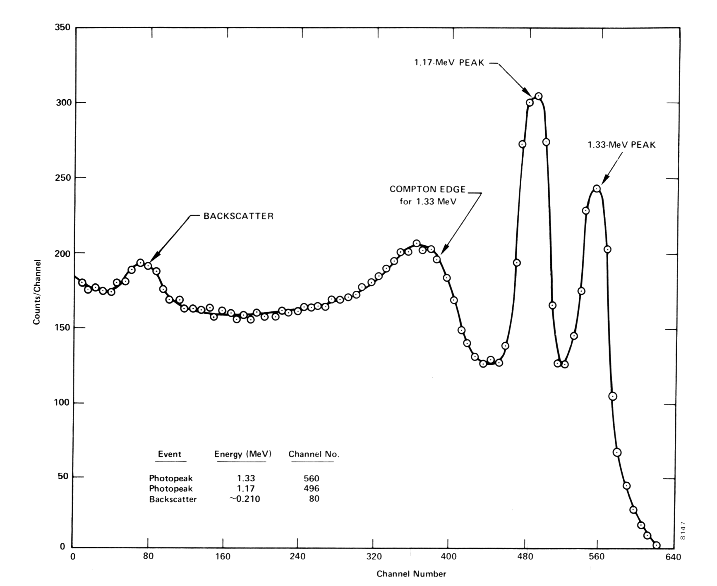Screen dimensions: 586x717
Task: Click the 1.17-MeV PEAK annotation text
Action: click(449, 63)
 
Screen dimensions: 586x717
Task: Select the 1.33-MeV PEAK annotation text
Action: click(621, 145)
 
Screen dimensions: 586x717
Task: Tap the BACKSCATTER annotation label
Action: click(238, 216)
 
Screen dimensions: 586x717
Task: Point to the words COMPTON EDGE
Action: click(427, 189)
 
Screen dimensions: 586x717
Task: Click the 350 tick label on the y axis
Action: click(63, 28)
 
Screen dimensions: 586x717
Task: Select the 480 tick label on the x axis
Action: click(525, 557)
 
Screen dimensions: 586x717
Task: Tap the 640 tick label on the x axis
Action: click(673, 557)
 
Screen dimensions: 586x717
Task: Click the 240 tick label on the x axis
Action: click(297, 557)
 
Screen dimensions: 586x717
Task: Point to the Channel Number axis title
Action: click(411, 574)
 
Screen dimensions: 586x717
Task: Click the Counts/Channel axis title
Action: click(37, 292)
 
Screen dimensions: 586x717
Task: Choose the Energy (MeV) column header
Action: click(243, 454)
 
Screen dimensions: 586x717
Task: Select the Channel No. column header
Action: click(314, 454)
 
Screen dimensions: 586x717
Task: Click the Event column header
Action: click(170, 454)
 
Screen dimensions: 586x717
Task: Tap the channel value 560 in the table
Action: click(312, 478)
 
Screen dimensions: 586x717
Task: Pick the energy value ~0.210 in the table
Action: click(245, 499)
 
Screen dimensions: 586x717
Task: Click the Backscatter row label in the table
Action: click(173, 500)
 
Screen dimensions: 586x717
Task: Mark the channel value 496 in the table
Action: click(312, 489)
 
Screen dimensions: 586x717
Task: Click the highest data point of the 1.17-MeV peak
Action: click(538, 96)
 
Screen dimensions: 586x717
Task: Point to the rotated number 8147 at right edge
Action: click(683, 531)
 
